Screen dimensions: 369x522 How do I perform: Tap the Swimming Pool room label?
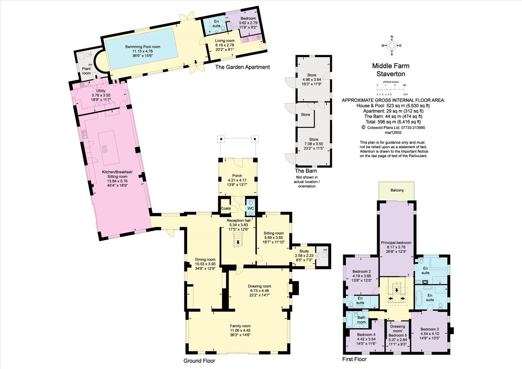[143, 47]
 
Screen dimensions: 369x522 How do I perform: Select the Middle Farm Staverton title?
[390, 70]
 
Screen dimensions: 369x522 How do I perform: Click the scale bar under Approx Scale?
[391, 89]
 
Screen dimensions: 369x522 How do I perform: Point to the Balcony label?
[396, 190]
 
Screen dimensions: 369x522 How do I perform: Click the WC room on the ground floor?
[251, 208]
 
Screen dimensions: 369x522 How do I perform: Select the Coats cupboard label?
[226, 208]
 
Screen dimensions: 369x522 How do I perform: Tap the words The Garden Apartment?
[243, 67]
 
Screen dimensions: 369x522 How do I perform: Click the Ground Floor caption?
[200, 361]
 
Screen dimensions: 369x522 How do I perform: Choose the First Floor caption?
[355, 359]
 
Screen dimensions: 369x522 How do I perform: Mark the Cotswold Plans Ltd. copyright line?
[393, 128]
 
